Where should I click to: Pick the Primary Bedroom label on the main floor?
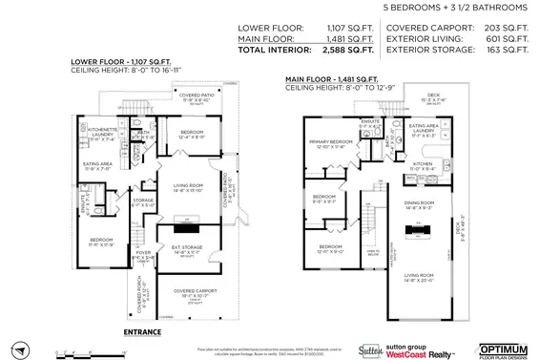331,144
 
